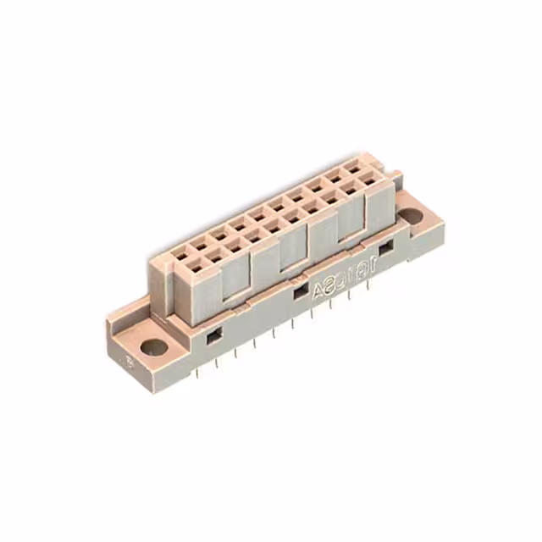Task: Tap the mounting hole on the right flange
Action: (412, 216)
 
